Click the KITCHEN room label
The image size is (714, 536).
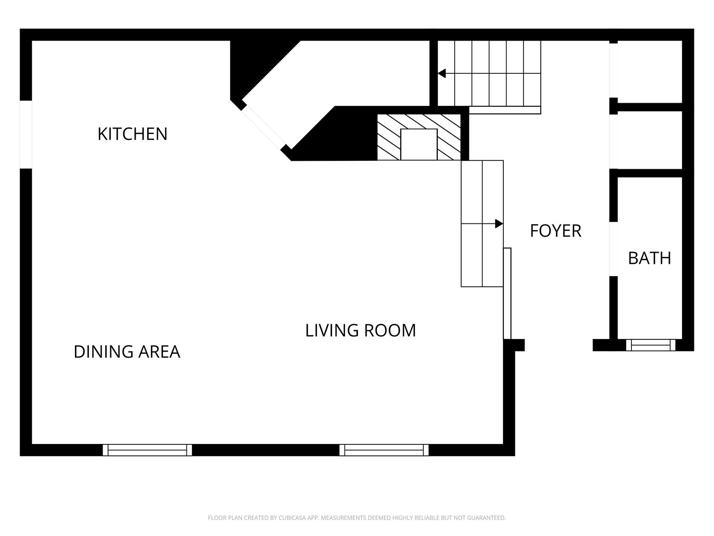click(133, 134)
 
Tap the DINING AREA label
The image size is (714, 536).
click(127, 352)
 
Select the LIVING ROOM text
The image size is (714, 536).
click(361, 331)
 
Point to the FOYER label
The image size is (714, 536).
click(556, 231)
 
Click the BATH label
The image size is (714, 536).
click(649, 259)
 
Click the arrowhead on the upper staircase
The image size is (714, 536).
click(442, 74)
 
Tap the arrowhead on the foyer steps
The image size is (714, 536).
click(499, 224)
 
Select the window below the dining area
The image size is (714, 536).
click(147, 450)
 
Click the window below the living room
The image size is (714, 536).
click(384, 450)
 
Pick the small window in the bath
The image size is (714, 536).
click(651, 345)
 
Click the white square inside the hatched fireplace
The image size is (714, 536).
click(419, 144)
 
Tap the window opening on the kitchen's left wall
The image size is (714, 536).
click(26, 134)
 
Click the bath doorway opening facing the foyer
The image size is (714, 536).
click(614, 249)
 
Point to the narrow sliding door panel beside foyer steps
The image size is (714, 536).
click(507, 293)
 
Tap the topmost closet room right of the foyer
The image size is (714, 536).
click(650, 71)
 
